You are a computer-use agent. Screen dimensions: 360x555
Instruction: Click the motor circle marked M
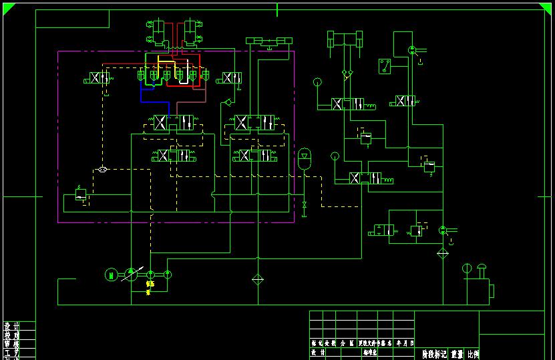[x=111, y=274]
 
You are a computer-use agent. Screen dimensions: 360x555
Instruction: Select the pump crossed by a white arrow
[x=132, y=274]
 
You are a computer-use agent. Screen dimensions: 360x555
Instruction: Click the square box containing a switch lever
[x=384, y=67]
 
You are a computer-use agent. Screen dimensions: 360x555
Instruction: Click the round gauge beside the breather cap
[x=467, y=268]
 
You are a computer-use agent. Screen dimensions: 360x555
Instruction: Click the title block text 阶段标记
[x=433, y=354]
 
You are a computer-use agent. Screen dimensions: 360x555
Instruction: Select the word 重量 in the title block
[x=456, y=354]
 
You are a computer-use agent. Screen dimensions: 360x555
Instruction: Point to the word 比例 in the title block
[x=472, y=354]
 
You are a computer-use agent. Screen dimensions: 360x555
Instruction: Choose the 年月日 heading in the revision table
[x=405, y=343]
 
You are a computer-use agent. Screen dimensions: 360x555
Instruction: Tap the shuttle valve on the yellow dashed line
[x=102, y=170]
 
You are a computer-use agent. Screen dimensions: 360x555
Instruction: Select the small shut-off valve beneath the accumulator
[x=305, y=204]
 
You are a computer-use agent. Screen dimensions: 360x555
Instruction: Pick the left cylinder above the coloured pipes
[x=159, y=31]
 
